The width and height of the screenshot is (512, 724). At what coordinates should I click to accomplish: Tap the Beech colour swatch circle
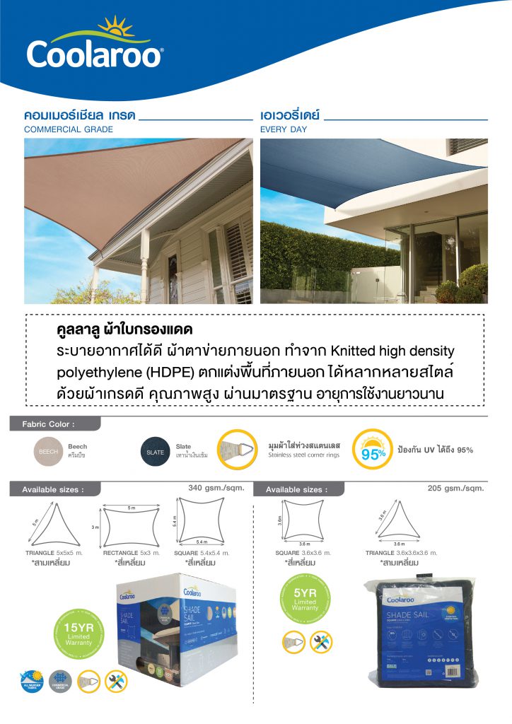pyautogui.click(x=49, y=451)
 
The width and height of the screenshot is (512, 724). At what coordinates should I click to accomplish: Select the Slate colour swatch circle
pyautogui.click(x=156, y=451)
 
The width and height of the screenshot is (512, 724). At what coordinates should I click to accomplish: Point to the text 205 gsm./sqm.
pyautogui.click(x=455, y=488)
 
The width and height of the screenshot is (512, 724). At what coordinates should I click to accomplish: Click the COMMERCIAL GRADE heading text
pyautogui.click(x=69, y=130)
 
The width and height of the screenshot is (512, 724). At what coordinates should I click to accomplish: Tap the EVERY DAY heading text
pyautogui.click(x=284, y=130)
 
